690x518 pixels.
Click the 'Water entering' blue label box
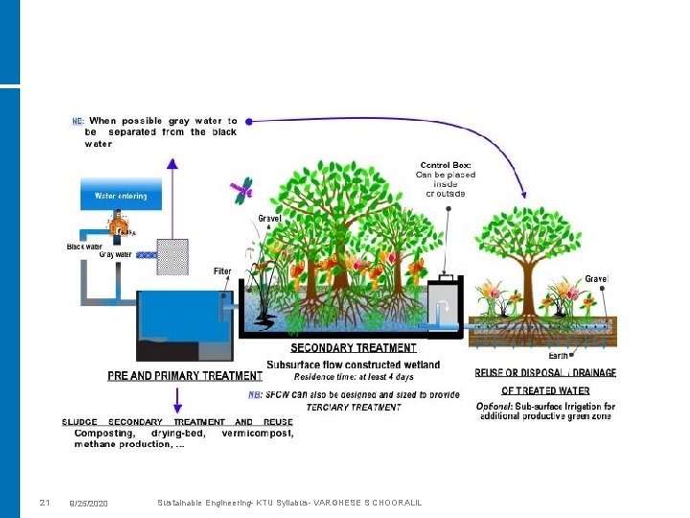[121, 197]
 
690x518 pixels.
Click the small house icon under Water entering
[119, 227]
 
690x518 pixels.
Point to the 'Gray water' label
[115, 254]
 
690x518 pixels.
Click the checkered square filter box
[172, 256]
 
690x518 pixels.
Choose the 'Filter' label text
[222, 271]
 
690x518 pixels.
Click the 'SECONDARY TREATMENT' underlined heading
[354, 348]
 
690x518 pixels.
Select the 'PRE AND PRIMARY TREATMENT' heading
[185, 375]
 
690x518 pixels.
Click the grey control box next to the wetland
[443, 304]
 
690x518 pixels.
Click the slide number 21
[44, 504]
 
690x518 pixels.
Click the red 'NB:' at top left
[79, 122]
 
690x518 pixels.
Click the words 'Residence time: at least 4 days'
[354, 377]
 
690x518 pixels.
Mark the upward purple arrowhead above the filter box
[172, 163]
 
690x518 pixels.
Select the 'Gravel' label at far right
[596, 279]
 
